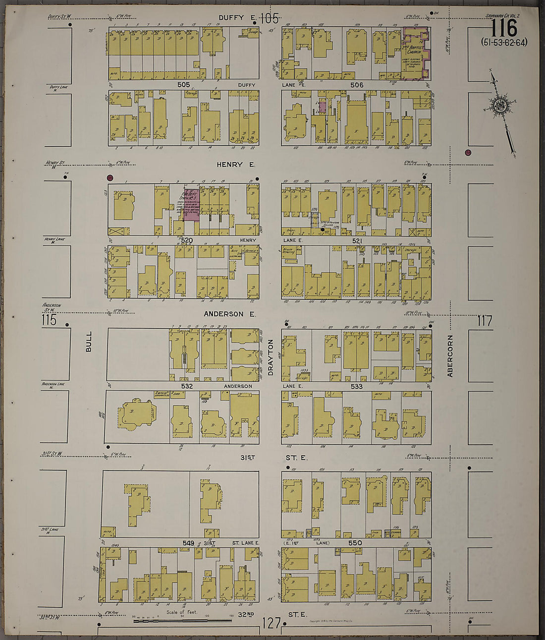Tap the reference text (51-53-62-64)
pyautogui.click(x=504, y=42)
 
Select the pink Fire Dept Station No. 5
pyautogui.click(x=191, y=204)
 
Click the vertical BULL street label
pyautogui.click(x=89, y=342)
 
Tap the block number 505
pyautogui.click(x=184, y=85)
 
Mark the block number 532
pyautogui.click(x=187, y=386)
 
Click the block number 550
pyautogui.click(x=355, y=543)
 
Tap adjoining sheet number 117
pyautogui.click(x=484, y=321)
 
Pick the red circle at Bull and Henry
pyautogui.click(x=110, y=177)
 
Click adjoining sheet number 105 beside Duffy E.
pyautogui.click(x=269, y=18)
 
